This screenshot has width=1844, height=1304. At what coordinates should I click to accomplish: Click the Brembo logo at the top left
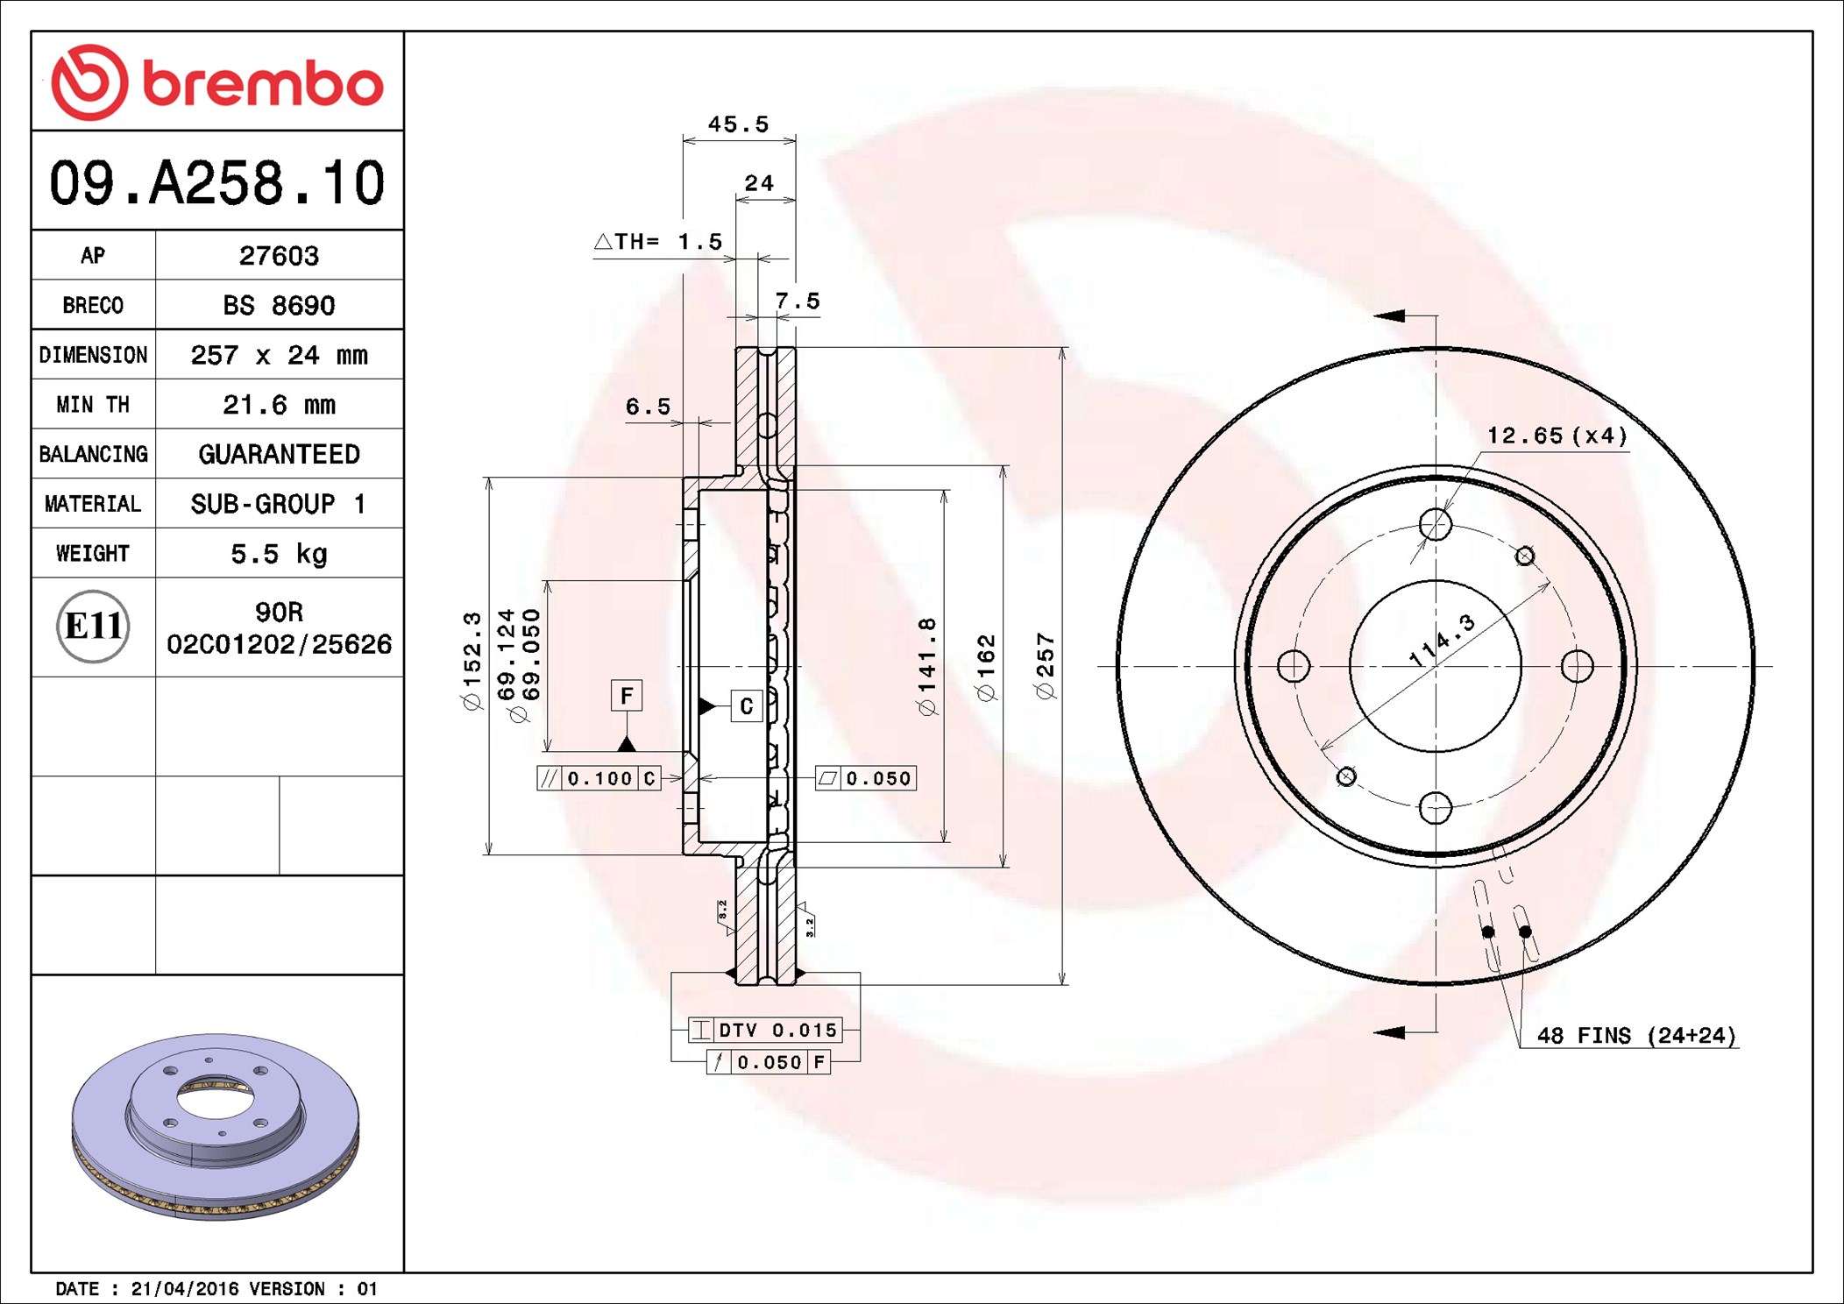(x=217, y=82)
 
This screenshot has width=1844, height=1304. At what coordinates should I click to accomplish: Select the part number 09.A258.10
(x=217, y=183)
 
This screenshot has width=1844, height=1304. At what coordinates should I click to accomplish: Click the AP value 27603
(x=279, y=256)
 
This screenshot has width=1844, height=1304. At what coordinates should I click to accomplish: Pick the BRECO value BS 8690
(x=279, y=305)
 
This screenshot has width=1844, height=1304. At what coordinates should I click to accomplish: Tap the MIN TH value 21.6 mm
(x=279, y=405)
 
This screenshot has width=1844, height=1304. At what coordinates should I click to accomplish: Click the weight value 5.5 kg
(x=279, y=554)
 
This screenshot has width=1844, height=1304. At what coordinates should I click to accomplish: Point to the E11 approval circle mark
(x=93, y=627)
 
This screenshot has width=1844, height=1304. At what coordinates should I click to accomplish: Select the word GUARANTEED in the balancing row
(x=279, y=454)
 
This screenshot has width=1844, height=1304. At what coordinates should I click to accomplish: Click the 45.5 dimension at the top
(x=738, y=124)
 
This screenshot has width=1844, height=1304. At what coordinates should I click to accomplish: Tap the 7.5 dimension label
(x=798, y=301)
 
